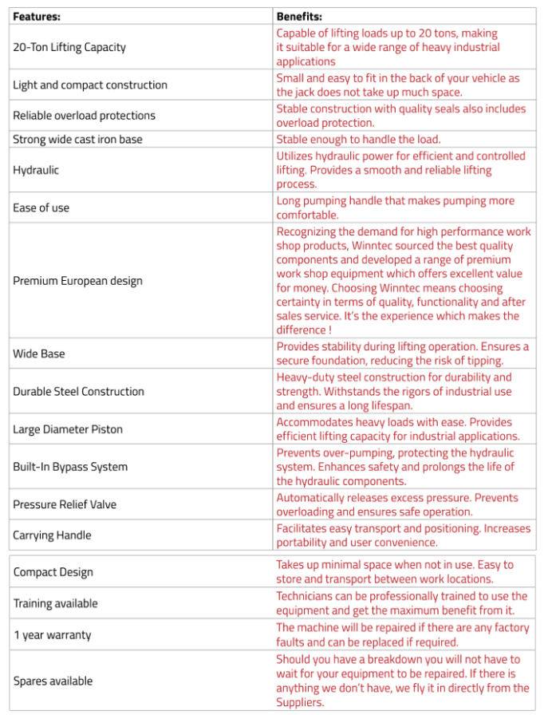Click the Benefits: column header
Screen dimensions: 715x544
coord(298,16)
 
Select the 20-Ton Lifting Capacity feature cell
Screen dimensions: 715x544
coord(69,47)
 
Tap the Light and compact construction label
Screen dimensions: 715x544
coord(90,85)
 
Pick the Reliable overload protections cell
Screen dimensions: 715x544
coord(84,116)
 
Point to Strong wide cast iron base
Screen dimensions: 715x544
coord(77,140)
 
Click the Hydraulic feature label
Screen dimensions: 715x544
coord(36,170)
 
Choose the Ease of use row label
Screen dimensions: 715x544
coord(41,208)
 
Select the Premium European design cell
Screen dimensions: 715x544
coord(77,281)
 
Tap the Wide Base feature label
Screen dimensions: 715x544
coord(39,354)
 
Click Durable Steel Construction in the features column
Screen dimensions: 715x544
coord(78,392)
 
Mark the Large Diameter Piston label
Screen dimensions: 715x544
coord(68,429)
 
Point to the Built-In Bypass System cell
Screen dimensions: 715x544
coord(70,467)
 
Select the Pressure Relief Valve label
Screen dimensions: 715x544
coord(65,505)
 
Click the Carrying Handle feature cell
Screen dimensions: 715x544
coord(52,535)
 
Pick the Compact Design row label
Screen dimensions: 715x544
coord(53,572)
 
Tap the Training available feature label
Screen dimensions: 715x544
coord(55,603)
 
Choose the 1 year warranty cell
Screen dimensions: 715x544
coord(52,635)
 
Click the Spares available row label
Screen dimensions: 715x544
coord(53,681)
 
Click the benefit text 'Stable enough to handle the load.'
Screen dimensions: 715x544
coord(358,140)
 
